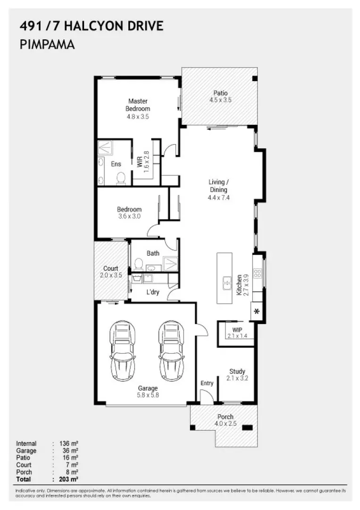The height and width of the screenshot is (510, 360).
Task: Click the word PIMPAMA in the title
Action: pos(48,45)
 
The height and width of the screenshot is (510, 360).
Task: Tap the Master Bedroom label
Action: pos(138,105)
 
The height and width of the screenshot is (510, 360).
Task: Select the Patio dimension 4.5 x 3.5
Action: pos(220,100)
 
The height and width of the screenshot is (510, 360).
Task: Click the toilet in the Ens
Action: pos(121,178)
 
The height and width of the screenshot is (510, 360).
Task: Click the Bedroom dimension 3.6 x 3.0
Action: pos(129,216)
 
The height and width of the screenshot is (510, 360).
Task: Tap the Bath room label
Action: pos(153,253)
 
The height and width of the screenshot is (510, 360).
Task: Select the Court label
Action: pos(111,268)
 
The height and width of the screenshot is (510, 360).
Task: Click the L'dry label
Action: pos(152,292)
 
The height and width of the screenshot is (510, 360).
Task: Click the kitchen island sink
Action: pos(226,284)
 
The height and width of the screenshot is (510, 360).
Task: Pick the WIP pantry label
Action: pos(236,330)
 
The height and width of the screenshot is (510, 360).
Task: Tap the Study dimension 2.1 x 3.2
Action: pos(237,378)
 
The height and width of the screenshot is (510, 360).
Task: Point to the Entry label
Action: pos(207,383)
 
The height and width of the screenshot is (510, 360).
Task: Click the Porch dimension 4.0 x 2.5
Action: pos(225,424)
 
